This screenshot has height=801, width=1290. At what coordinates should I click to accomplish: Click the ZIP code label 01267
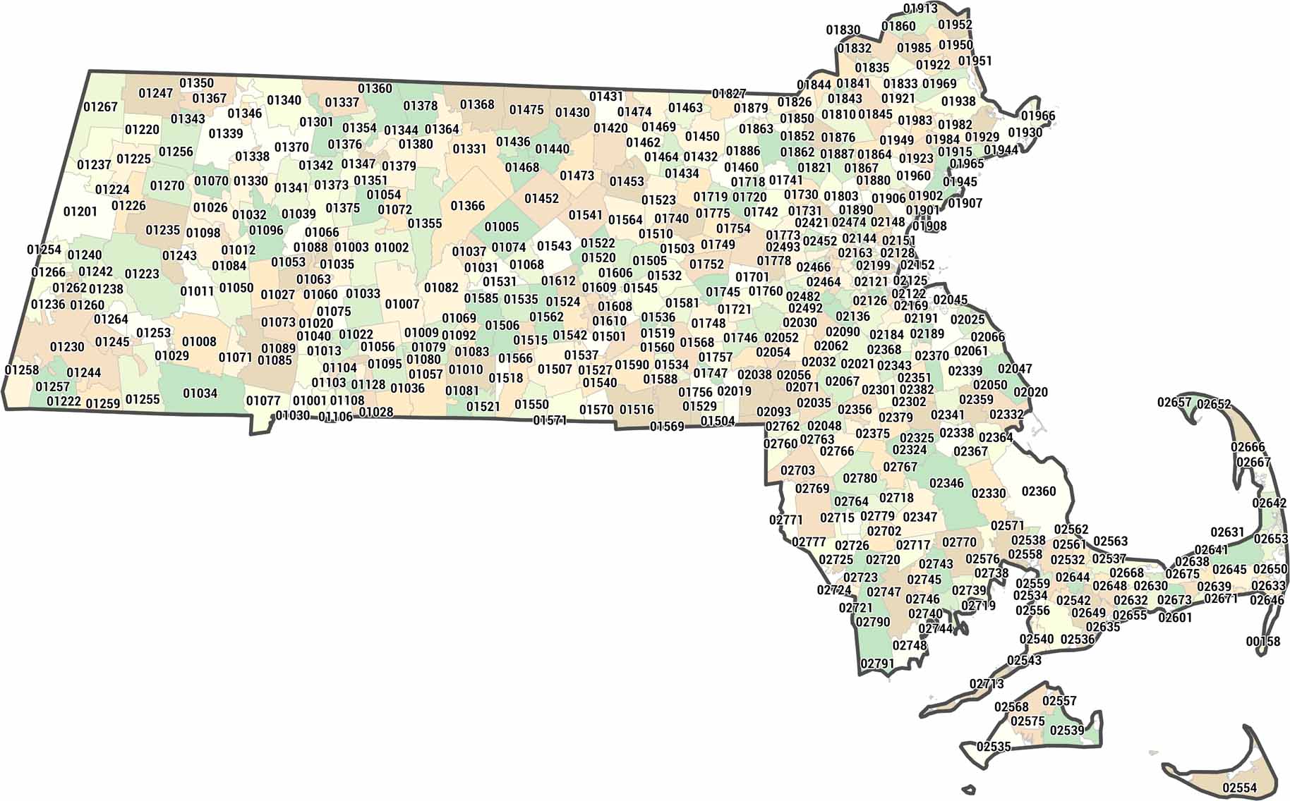(100, 107)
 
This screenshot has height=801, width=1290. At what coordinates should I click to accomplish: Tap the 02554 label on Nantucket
(1240, 788)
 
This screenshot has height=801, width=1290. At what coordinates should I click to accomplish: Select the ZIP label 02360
(1039, 491)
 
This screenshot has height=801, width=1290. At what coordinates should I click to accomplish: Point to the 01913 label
(920, 8)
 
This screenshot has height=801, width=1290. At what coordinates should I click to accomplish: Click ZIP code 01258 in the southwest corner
(22, 371)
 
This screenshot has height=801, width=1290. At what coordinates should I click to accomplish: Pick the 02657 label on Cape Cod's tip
(1174, 403)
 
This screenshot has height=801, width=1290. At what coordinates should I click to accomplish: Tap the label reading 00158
(1262, 642)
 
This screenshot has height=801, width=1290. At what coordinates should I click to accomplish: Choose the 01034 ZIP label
(200, 393)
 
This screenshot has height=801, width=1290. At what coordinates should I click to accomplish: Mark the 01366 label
(467, 206)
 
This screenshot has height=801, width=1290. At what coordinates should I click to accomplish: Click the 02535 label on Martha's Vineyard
(994, 747)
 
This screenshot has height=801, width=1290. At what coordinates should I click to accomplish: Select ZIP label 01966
(1038, 116)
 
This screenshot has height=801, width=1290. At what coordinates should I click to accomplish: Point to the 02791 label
(877, 664)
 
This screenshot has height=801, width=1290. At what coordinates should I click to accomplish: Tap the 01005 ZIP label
(501, 227)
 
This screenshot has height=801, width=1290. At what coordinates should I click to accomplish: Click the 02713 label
(987, 684)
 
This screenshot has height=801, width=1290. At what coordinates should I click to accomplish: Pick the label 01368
(477, 105)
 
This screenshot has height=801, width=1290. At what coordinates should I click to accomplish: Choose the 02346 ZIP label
(946, 483)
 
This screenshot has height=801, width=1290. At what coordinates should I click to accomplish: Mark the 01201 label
(80, 212)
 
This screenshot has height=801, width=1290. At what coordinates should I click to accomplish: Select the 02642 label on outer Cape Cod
(1270, 503)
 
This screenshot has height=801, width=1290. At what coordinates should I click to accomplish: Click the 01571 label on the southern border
(550, 420)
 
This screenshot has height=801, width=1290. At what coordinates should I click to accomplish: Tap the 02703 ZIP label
(797, 470)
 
